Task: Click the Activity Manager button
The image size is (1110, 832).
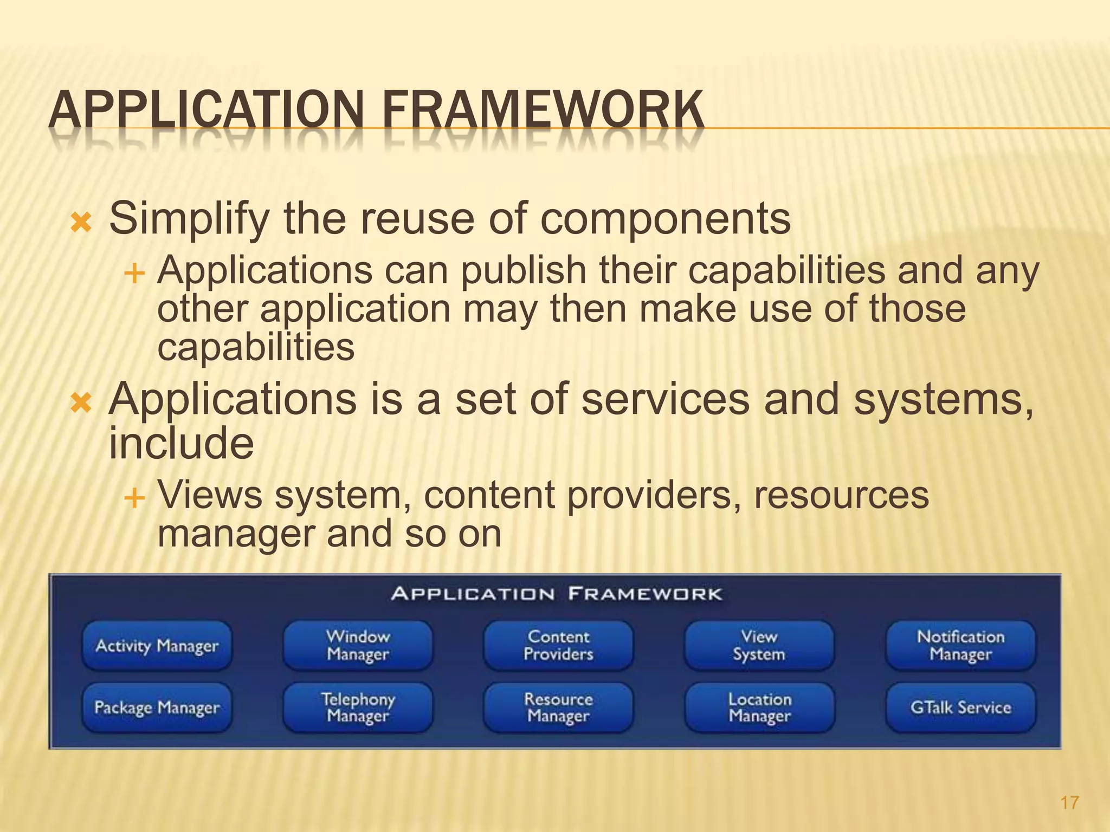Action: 157,646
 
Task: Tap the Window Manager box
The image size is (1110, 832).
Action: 358,646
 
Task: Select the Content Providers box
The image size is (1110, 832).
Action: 558,646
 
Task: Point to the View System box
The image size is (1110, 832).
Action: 759,646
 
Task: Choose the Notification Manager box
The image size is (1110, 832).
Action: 960,646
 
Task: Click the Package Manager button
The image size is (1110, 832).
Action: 157,707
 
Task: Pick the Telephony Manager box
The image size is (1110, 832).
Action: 358,707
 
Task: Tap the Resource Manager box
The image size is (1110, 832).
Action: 558,707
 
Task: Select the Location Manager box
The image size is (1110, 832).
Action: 759,707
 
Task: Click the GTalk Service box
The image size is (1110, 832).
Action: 960,707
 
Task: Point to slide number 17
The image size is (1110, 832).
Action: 1069,802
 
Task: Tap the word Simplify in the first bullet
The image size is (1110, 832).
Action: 189,219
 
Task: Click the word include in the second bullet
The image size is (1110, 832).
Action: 181,443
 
